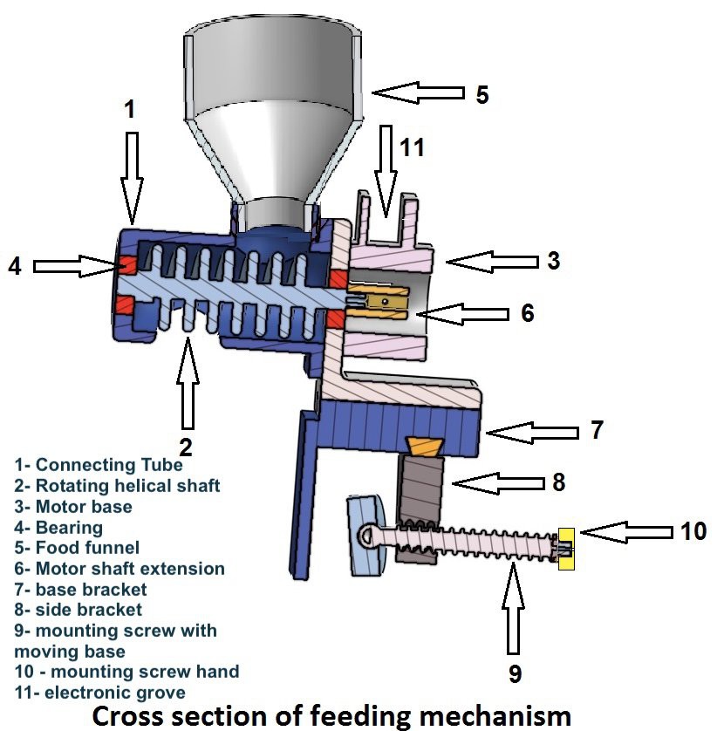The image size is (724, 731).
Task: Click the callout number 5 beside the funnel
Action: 482,93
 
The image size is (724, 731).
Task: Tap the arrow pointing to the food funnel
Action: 416,92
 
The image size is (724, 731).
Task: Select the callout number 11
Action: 412,147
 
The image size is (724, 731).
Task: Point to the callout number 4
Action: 14,264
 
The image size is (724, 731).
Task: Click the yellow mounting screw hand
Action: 566,549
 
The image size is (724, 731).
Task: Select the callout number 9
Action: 514,673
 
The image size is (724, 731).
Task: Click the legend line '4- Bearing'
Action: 58,527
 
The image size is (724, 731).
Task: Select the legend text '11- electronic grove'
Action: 99,693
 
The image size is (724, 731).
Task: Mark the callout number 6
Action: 527,312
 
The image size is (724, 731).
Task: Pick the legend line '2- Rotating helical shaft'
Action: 117,485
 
